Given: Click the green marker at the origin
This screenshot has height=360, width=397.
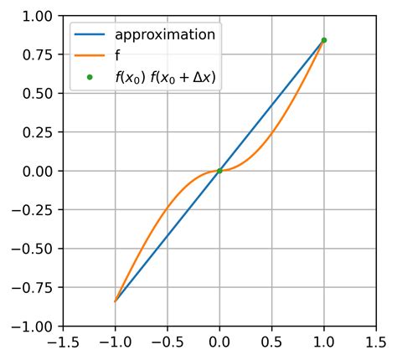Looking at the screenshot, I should pyautogui.click(x=219, y=171).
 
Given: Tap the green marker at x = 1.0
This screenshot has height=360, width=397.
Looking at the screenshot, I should pyautogui.click(x=323, y=40).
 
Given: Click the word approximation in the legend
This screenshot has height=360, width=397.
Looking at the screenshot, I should pyautogui.click(x=165, y=35).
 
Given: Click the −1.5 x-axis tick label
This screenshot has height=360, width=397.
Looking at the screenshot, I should pyautogui.click(x=59, y=342).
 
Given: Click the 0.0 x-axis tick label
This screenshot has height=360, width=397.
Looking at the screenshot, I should pyautogui.click(x=219, y=342).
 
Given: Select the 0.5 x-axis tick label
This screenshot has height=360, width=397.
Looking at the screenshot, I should pyautogui.click(x=271, y=342).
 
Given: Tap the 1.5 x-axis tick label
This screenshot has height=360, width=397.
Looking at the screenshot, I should pyautogui.click(x=376, y=342).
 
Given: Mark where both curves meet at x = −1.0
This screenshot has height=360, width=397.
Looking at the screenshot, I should pyautogui.click(x=116, y=301).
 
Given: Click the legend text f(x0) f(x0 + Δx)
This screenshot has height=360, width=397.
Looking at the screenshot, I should pyautogui.click(x=165, y=76).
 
